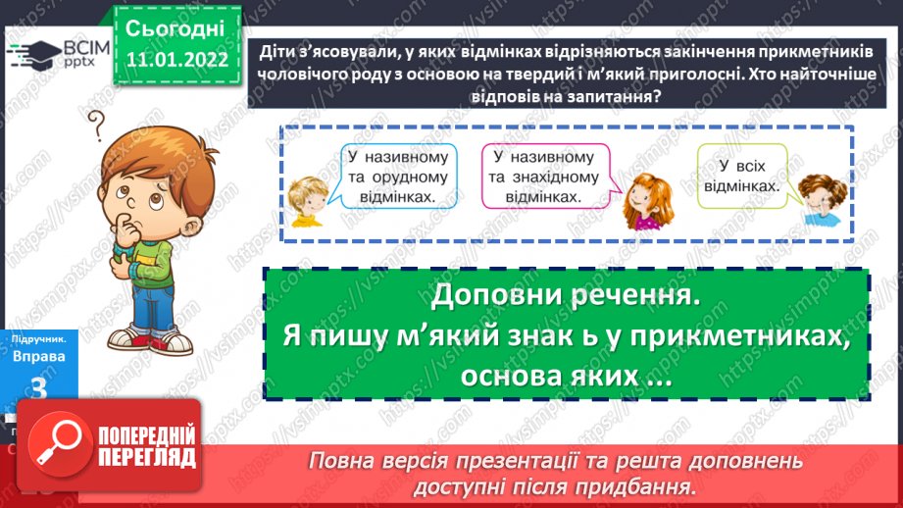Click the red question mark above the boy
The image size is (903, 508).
[x=96, y=126]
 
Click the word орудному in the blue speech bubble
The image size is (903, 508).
[x=408, y=177]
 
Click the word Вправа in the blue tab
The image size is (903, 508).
[x=39, y=357]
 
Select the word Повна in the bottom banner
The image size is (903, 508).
[x=338, y=460]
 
